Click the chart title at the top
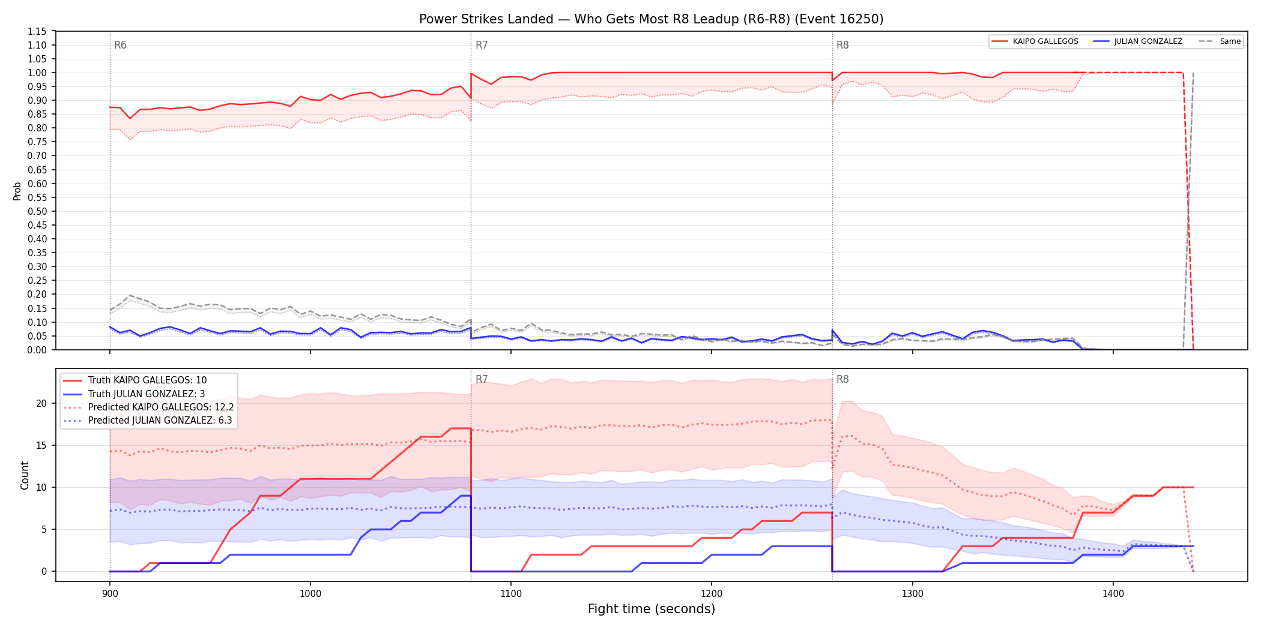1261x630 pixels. click(651, 19)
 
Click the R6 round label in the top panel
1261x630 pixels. click(120, 45)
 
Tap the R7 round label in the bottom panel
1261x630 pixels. click(482, 379)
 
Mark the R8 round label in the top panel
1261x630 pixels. click(842, 45)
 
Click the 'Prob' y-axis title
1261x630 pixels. click(17, 191)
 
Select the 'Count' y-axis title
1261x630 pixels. click(25, 475)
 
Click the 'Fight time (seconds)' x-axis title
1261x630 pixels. click(652, 609)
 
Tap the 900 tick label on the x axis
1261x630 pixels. click(110, 594)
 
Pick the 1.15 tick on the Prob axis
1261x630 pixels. click(37, 31)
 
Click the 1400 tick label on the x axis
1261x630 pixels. click(1113, 594)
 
